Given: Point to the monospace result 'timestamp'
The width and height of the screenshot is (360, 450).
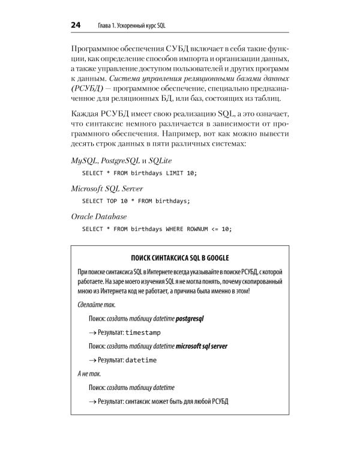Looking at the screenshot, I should pos(143,332).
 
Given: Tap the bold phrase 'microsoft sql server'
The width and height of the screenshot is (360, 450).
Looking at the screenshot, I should pos(201,346).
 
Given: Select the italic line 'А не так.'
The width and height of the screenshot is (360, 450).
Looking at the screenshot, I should pos(89,374).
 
